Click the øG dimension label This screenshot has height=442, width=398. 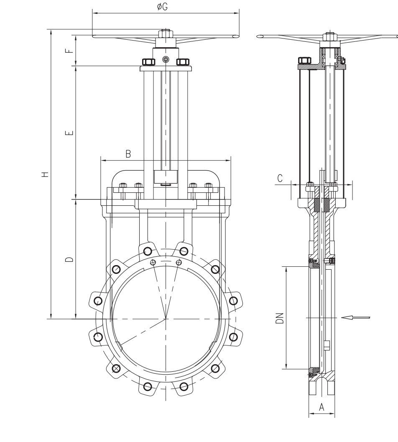pyautogui.click(x=162, y=7)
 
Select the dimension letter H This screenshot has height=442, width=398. pyautogui.click(x=45, y=174)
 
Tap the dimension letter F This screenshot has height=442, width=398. pyautogui.click(x=69, y=51)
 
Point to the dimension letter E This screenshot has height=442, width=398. pyautogui.click(x=69, y=133)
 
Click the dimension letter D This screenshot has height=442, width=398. pyautogui.click(x=69, y=259)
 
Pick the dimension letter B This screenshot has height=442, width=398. pyautogui.click(x=128, y=154)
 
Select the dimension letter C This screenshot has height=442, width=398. pyautogui.click(x=280, y=178)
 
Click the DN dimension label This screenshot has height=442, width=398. pyautogui.click(x=280, y=318)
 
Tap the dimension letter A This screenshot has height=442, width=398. pyautogui.click(x=321, y=407)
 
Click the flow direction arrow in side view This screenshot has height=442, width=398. pyautogui.click(x=355, y=318)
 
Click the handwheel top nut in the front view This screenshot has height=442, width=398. pyautogui.click(x=166, y=34)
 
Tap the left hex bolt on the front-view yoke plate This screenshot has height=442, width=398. pyautogui.click(x=148, y=62)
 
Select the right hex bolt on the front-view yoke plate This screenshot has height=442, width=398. pyautogui.click(x=183, y=62)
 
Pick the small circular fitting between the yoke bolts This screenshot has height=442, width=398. pyautogui.click(x=166, y=59)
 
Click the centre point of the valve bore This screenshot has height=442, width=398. pyautogui.click(x=166, y=319)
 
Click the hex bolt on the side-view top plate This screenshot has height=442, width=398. pyautogui.click(x=305, y=61)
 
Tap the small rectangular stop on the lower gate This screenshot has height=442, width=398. pyautogui.click(x=327, y=345)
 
